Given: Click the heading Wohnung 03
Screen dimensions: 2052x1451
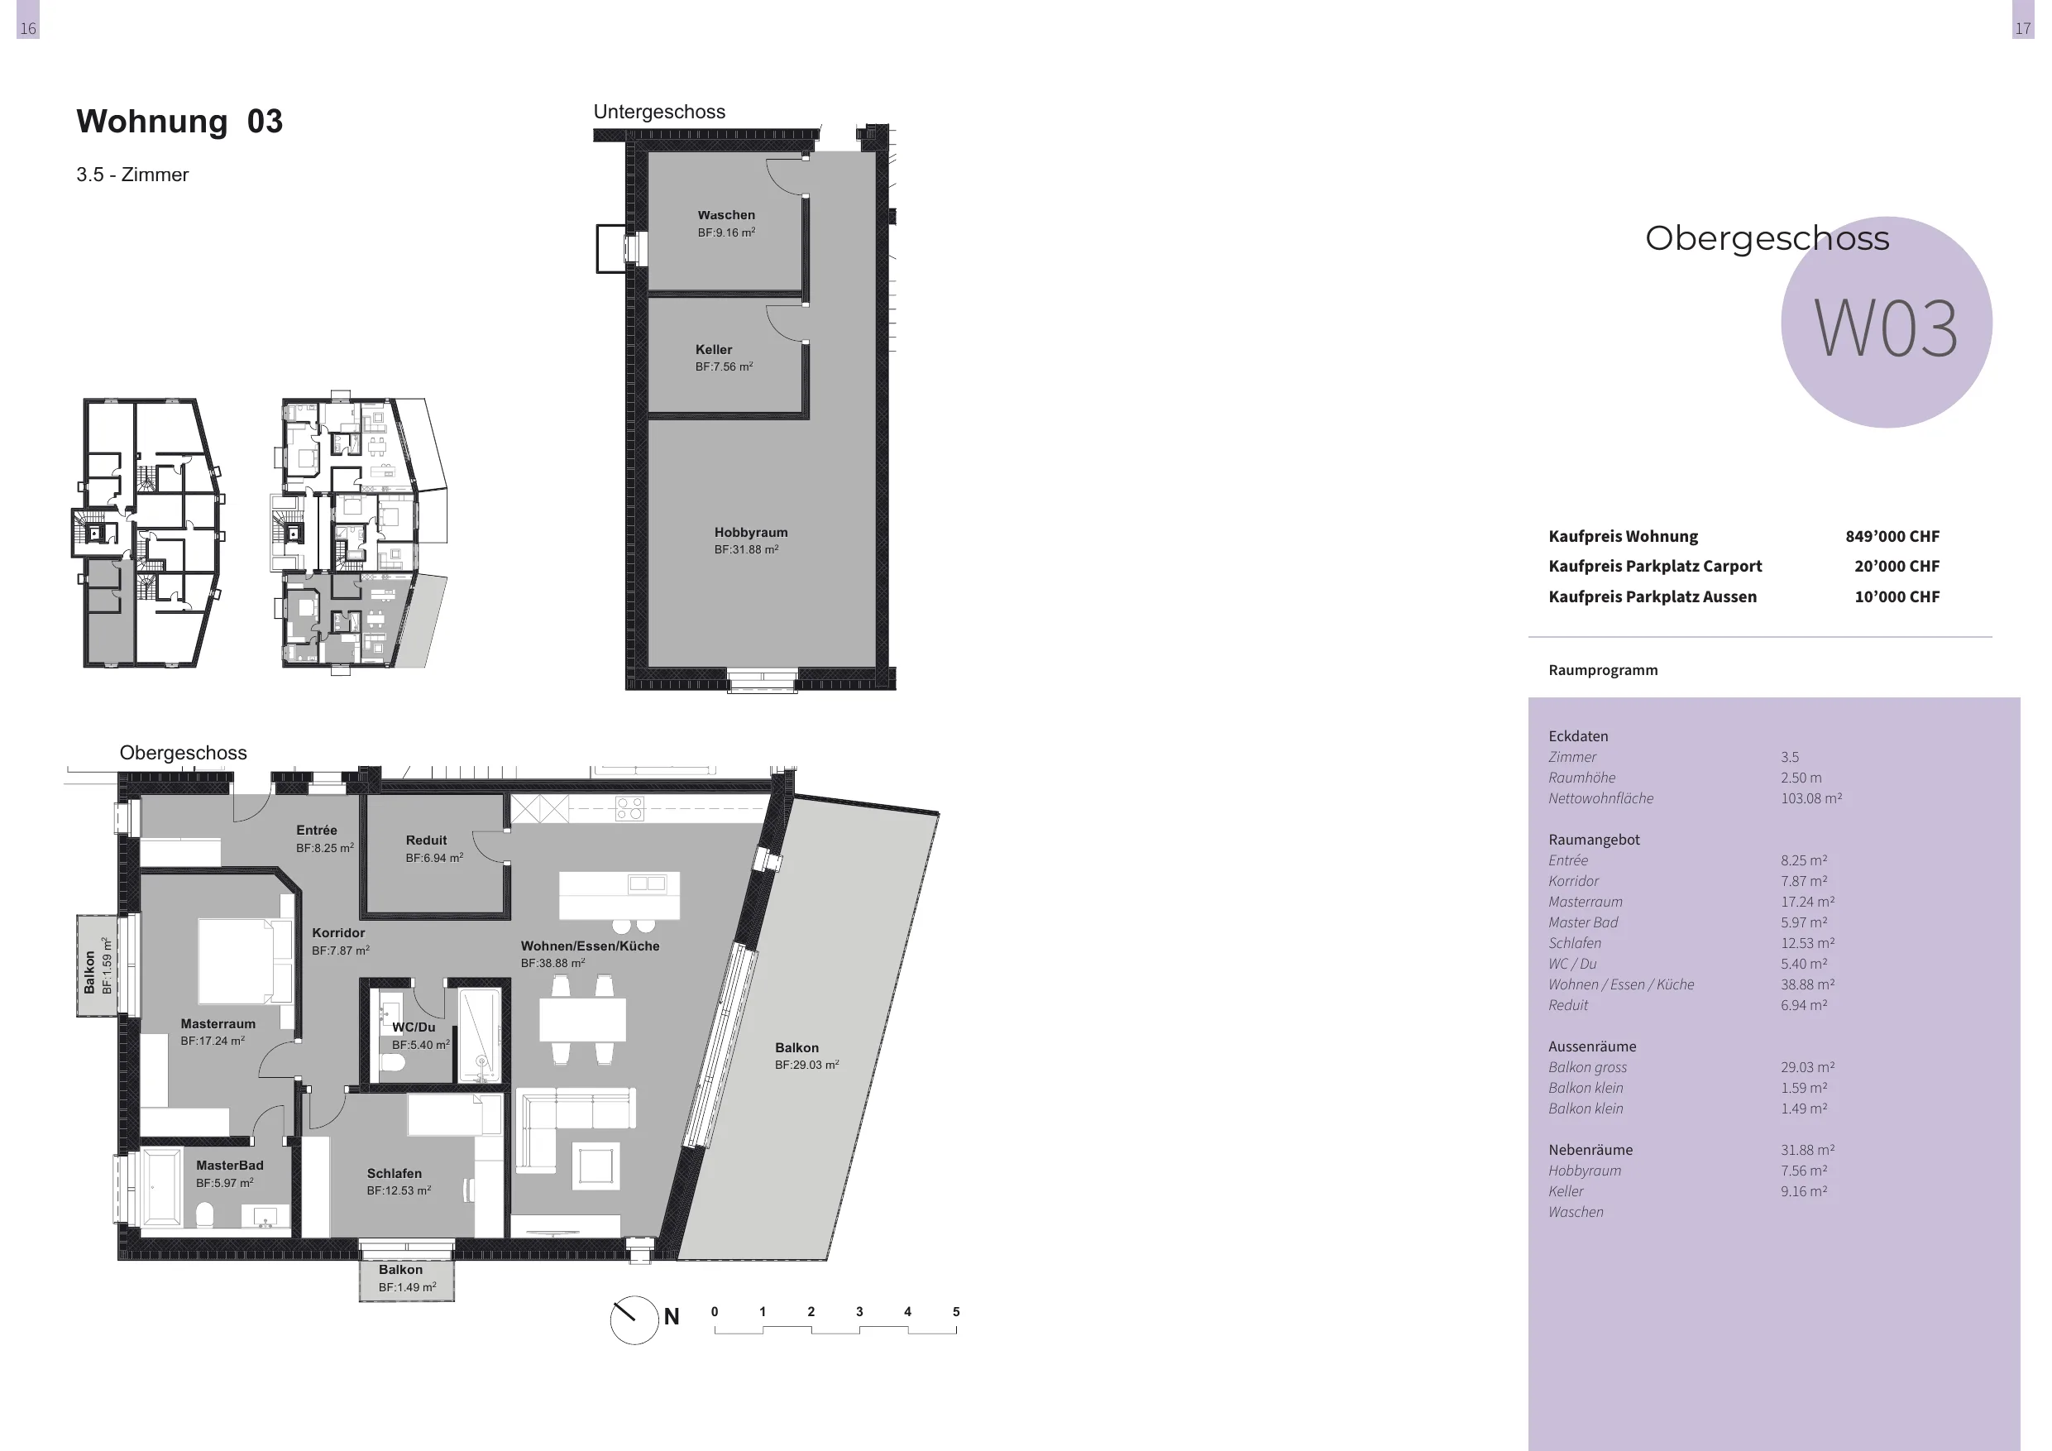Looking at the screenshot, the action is click(179, 121).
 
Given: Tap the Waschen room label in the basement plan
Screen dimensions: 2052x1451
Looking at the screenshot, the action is click(725, 214).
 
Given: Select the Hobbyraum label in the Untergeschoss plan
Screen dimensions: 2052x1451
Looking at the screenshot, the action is click(751, 532).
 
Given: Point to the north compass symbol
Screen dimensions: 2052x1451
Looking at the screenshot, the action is click(634, 1319).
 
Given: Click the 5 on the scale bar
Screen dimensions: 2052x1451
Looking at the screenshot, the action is click(955, 1311).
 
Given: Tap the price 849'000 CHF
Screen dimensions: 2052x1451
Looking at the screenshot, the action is click(1892, 536).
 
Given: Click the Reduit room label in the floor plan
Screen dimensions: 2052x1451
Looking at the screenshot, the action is click(426, 840).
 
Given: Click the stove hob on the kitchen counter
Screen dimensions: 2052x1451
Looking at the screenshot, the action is click(629, 808).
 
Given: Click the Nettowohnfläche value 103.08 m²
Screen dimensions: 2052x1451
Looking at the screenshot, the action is click(1810, 798).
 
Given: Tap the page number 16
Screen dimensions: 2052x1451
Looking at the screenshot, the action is click(27, 29).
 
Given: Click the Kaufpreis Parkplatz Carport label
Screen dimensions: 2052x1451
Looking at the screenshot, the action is click(1655, 566).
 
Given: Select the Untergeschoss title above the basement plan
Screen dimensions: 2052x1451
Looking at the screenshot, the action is click(659, 112).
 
